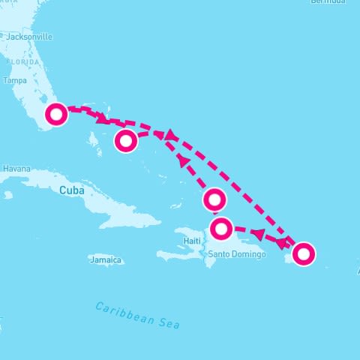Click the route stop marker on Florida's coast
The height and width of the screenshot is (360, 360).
tap(56, 114)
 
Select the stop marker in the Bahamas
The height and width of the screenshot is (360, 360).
tap(126, 140)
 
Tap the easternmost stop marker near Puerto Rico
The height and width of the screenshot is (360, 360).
tap(303, 254)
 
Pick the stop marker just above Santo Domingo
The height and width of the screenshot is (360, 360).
tap(221, 228)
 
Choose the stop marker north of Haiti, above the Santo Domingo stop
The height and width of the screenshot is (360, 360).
tap(214, 199)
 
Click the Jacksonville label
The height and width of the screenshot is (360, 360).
tap(31, 36)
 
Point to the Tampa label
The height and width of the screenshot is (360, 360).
tap(15, 80)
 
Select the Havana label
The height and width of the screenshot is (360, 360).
tap(16, 169)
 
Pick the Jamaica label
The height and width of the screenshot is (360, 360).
tap(105, 260)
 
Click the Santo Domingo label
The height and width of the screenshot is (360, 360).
tap(237, 254)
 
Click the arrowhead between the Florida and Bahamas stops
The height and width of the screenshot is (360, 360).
tap(101, 118)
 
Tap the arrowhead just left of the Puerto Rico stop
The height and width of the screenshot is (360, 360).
tap(282, 243)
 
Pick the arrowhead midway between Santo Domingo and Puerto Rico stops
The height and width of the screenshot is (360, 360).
tap(258, 235)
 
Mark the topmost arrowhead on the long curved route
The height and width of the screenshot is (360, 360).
tap(169, 135)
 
